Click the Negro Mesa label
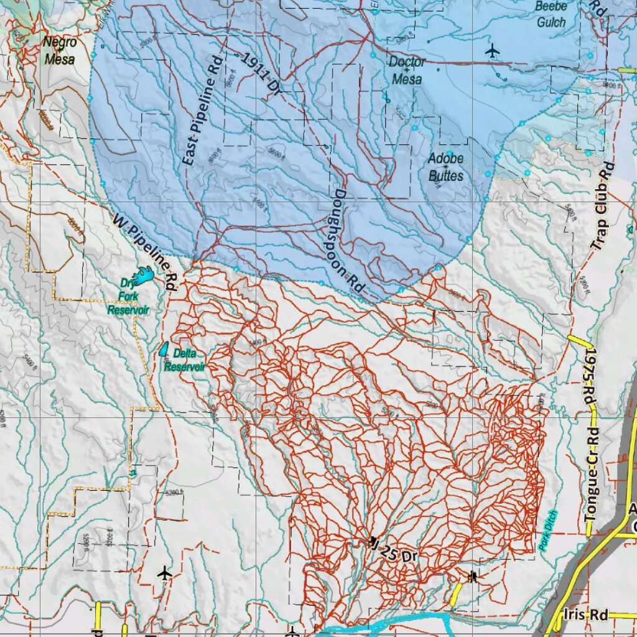tap(60, 51)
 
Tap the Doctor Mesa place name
tap(407, 70)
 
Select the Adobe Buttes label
tap(445, 167)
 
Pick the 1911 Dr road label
tap(261, 75)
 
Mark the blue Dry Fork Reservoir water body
tap(144, 275)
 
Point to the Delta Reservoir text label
tap(185, 360)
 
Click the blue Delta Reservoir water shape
tap(164, 350)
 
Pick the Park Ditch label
tap(548, 529)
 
